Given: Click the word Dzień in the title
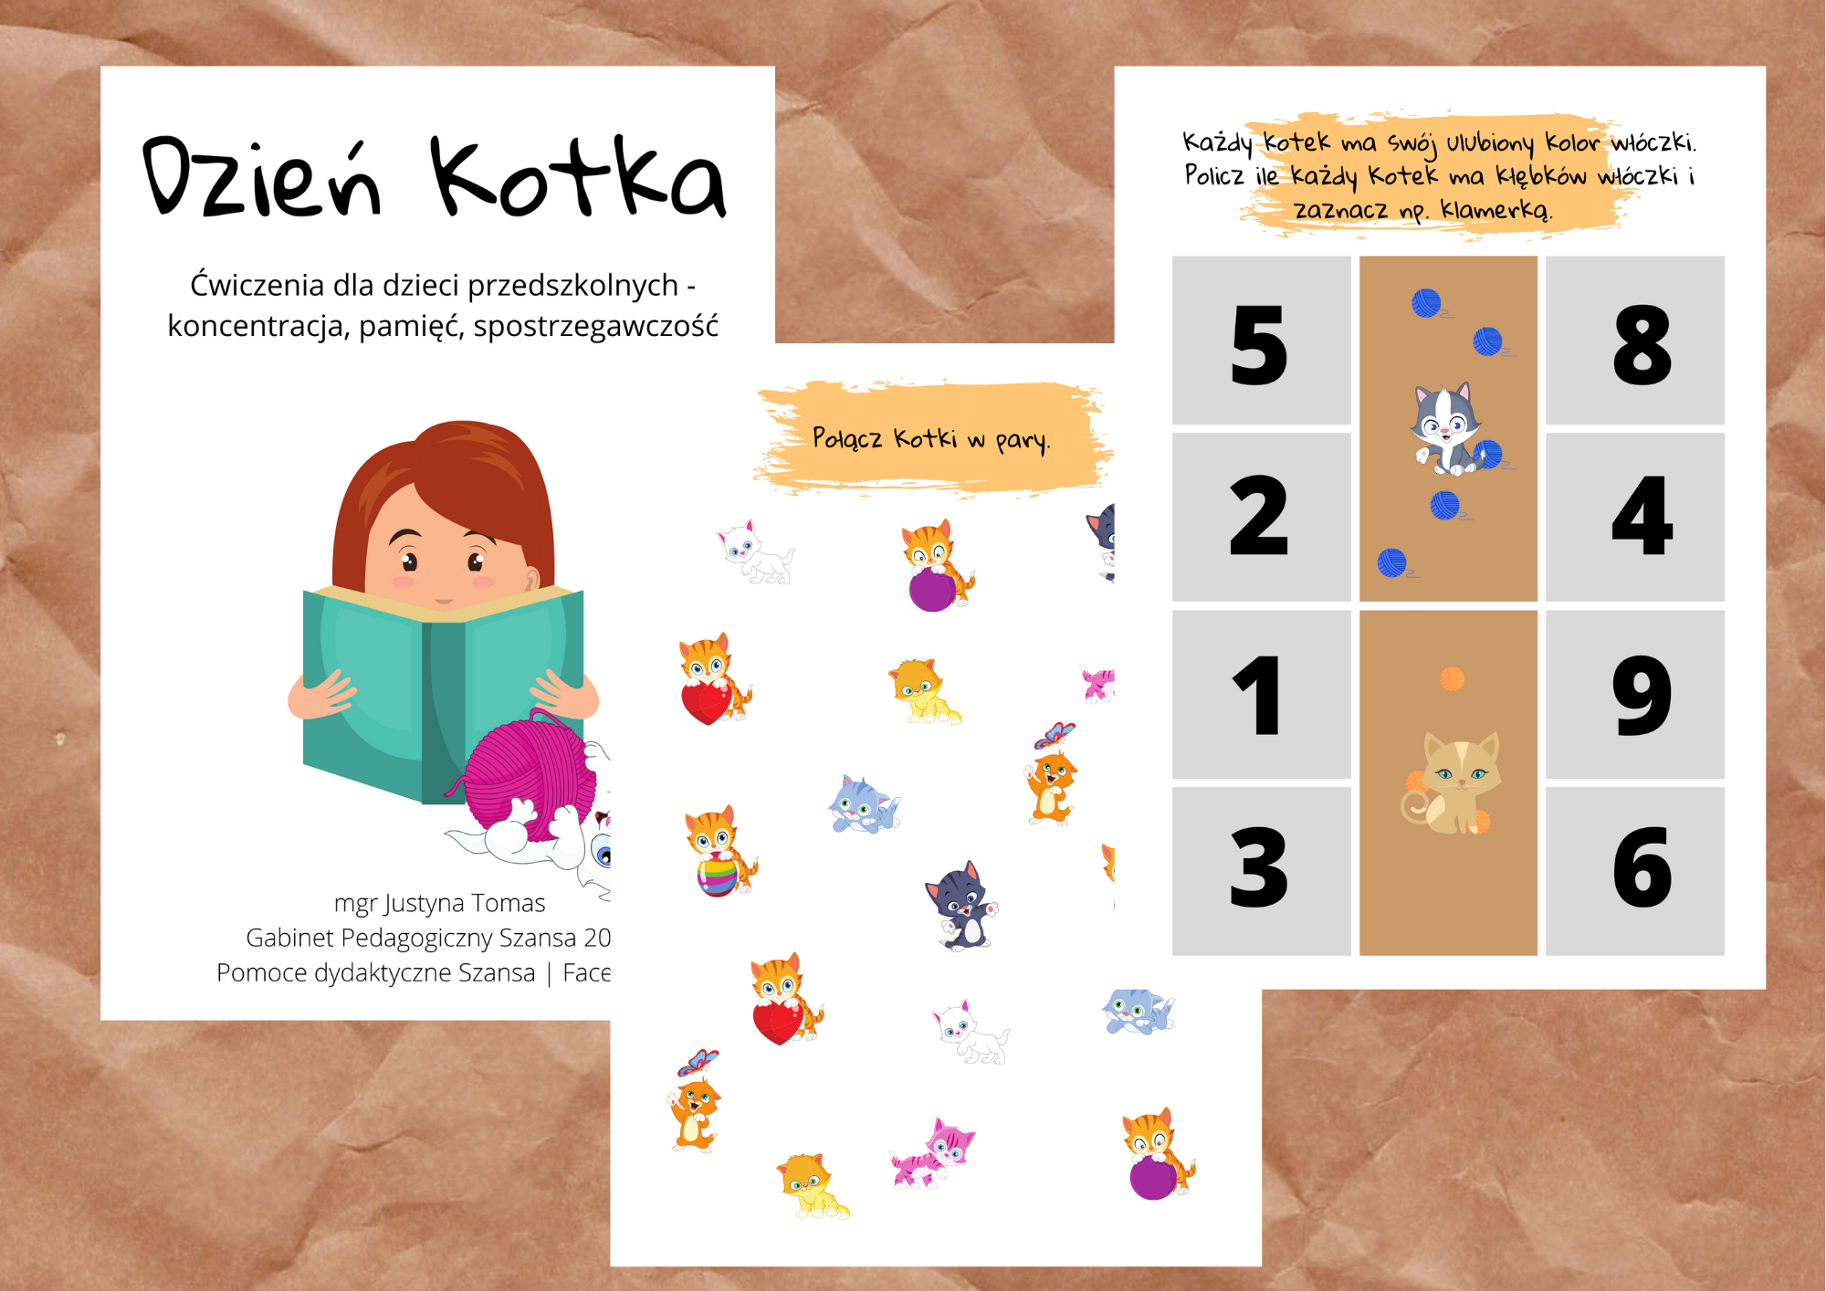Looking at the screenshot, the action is pos(262,178).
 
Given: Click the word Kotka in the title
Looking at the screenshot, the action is pos(579,176).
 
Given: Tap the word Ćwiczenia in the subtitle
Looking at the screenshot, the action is pos(257,285).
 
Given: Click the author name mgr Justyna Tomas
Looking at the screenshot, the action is pos(439,903).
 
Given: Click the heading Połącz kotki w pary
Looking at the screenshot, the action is pos(931,439).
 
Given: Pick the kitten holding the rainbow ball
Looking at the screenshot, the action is pos(719,851).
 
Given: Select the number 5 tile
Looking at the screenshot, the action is pos(1261,341).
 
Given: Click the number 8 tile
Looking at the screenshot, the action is pos(1635,341).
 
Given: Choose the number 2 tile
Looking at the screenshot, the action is pos(1261,517).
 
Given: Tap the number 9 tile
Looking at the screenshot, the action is pos(1635,694).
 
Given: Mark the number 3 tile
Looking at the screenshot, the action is pos(1261,871).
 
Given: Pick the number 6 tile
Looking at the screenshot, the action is pos(1635,871).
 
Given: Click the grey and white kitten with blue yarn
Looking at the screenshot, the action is pos(1445,429).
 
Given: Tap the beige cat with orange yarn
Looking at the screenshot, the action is pos(1452,782).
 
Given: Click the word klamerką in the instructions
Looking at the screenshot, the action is pos(1496,210).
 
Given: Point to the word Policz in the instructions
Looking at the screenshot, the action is pos(1213,174).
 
